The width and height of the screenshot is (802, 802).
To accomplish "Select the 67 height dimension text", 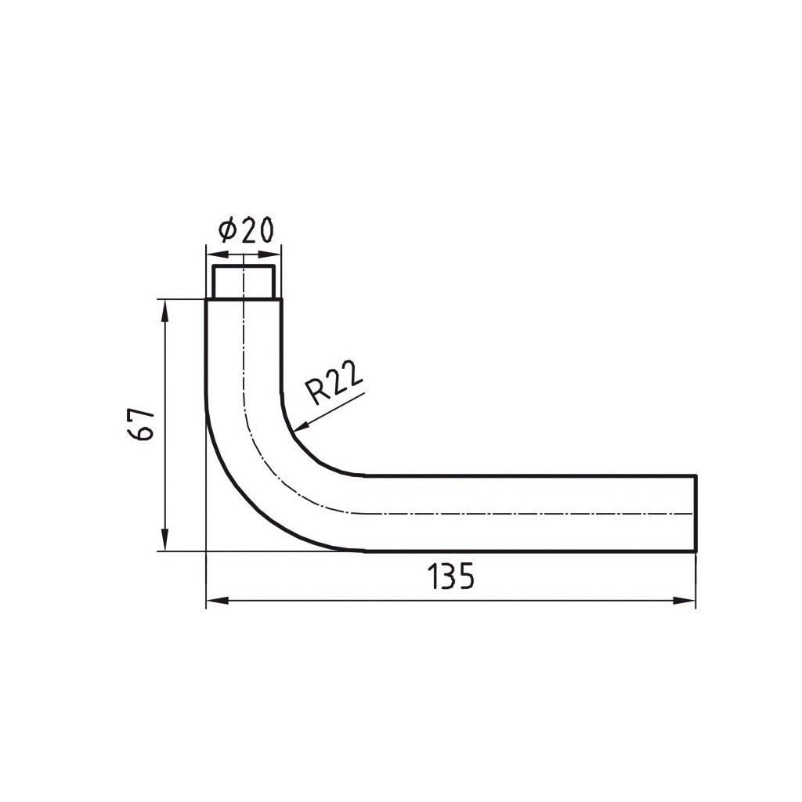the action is click(x=140, y=424).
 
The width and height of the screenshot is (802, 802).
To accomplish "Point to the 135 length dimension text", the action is click(x=450, y=576).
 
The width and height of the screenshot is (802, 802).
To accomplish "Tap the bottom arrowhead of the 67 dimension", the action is click(x=164, y=540).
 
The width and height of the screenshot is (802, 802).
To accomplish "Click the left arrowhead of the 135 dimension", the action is click(x=217, y=601).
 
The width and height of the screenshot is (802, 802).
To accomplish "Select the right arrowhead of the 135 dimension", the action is click(x=685, y=601).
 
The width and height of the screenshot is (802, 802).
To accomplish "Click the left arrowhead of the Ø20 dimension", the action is click(x=216, y=255).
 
